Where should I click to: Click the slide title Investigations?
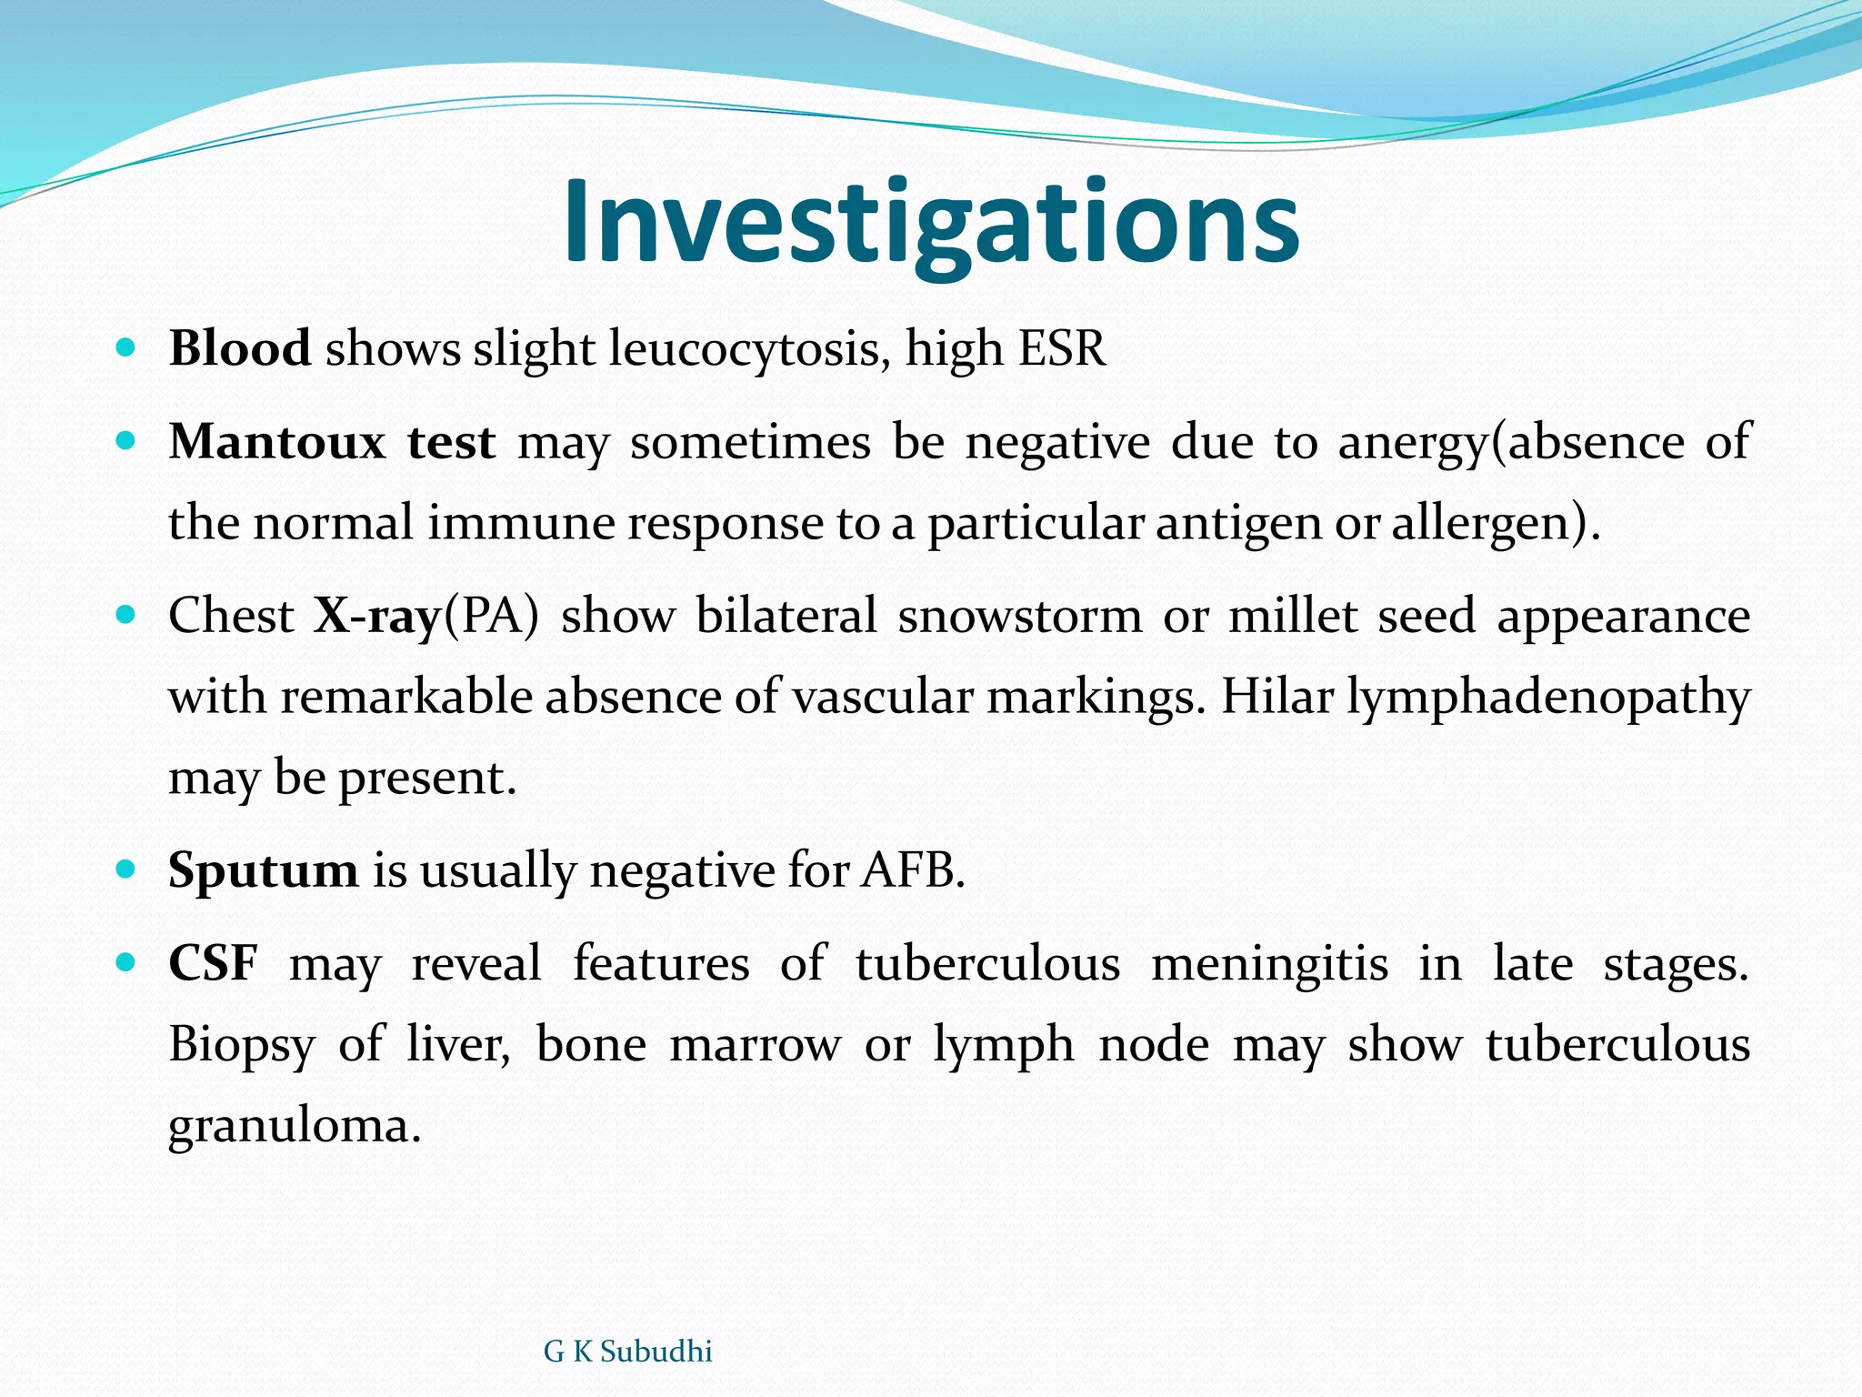931,223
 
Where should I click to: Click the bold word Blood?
240,348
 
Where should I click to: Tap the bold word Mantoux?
277,442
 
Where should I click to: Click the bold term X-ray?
377,617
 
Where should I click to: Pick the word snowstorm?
1019,616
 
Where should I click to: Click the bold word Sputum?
264,870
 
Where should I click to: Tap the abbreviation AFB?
911,870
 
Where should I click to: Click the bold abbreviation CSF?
213,963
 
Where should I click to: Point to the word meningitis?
1269,963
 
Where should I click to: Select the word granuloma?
295,1127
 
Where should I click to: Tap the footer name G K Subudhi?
627,1352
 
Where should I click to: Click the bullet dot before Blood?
126,347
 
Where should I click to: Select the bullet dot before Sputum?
126,869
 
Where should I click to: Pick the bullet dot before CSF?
126,962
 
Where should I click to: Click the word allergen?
1487,524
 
